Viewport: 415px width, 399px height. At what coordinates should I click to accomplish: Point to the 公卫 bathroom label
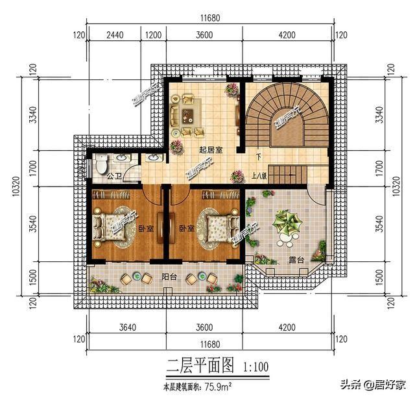pos(115,175)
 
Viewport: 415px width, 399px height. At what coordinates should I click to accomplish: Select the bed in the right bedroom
pos(217,227)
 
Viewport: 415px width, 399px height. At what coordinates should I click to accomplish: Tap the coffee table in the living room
pos(187,116)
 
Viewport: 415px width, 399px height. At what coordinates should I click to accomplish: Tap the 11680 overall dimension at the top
pos(207,19)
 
